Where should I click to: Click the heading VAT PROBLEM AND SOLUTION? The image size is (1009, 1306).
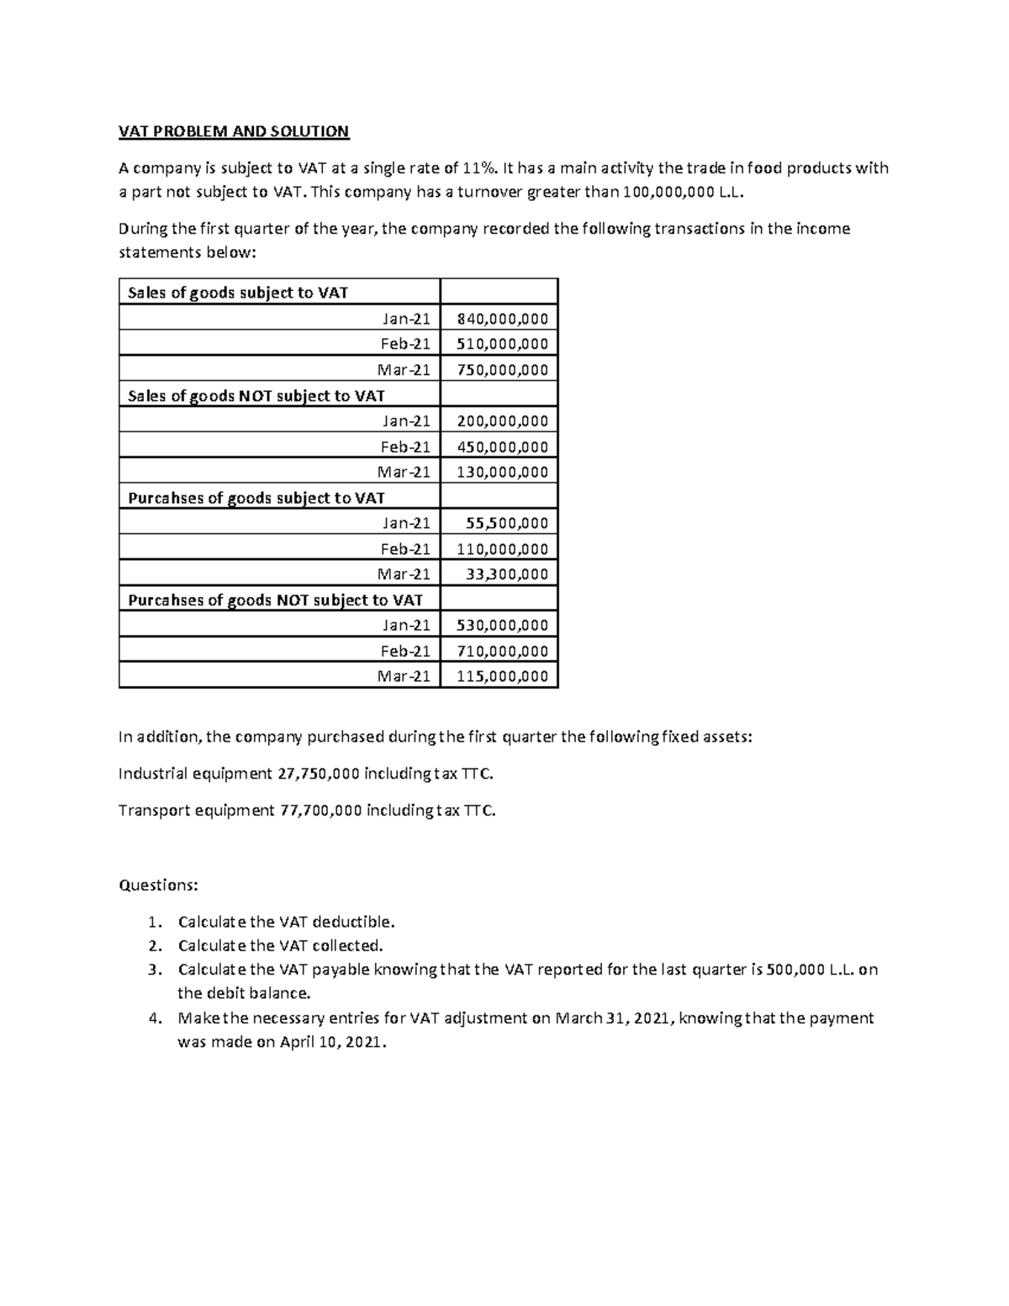click(x=233, y=131)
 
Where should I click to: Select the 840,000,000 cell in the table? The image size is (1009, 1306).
click(x=502, y=318)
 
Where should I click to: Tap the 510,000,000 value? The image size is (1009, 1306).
click(x=502, y=343)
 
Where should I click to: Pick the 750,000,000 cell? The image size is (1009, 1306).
click(x=502, y=369)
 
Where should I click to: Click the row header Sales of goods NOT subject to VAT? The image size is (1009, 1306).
click(x=256, y=395)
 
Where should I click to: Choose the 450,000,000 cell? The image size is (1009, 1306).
click(x=502, y=447)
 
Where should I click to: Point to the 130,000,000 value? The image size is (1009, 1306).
click(x=502, y=472)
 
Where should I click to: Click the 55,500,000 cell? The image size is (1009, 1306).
click(x=507, y=523)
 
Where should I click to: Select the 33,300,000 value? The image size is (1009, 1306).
click(x=507, y=574)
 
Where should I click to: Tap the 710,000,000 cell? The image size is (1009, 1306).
click(x=502, y=651)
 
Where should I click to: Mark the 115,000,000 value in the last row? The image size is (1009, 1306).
click(x=502, y=676)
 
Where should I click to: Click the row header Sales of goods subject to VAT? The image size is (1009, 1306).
click(x=237, y=293)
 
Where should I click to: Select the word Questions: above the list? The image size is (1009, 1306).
click(x=159, y=885)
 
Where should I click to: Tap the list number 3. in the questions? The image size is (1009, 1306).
click(x=154, y=970)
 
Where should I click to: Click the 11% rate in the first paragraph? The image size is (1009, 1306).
click(x=480, y=168)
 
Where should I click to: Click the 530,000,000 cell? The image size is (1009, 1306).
click(x=502, y=625)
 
